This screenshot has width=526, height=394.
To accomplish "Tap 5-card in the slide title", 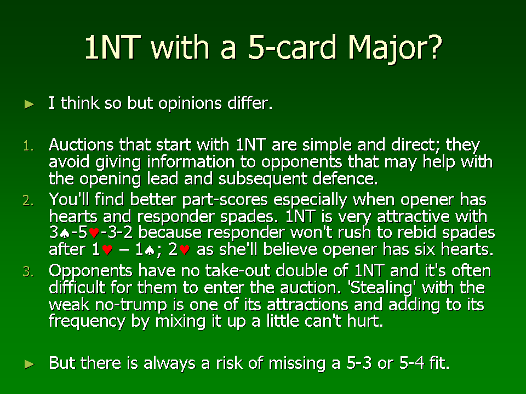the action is [292, 47].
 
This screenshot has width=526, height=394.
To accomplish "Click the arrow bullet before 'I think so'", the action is [30, 104].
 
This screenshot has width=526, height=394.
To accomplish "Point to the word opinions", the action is [190, 103].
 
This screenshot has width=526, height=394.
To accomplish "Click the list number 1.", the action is [28, 146].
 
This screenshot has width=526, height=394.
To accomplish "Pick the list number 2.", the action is [28, 201].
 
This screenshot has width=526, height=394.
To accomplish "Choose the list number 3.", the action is [28, 272].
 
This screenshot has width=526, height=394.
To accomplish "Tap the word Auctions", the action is [81, 144].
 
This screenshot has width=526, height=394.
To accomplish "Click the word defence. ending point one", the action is [345, 178].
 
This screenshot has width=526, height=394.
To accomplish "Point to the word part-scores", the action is [225, 200].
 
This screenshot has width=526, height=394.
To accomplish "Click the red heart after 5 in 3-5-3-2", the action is [94, 233].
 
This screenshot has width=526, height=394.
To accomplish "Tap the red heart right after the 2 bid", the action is [185, 250].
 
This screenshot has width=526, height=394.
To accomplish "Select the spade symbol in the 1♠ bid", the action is [150, 250].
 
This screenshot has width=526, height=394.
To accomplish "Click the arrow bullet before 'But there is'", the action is [30, 364].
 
